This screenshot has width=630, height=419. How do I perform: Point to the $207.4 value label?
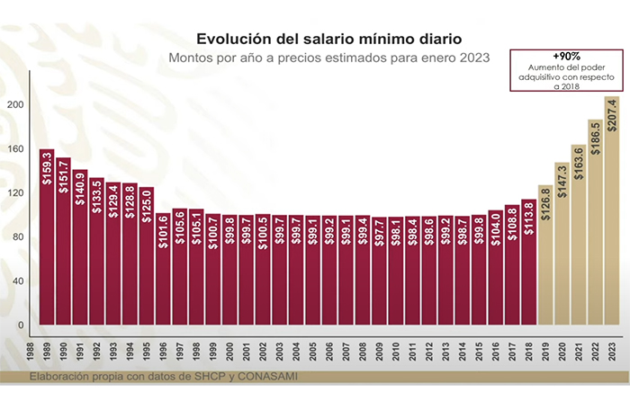612,115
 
